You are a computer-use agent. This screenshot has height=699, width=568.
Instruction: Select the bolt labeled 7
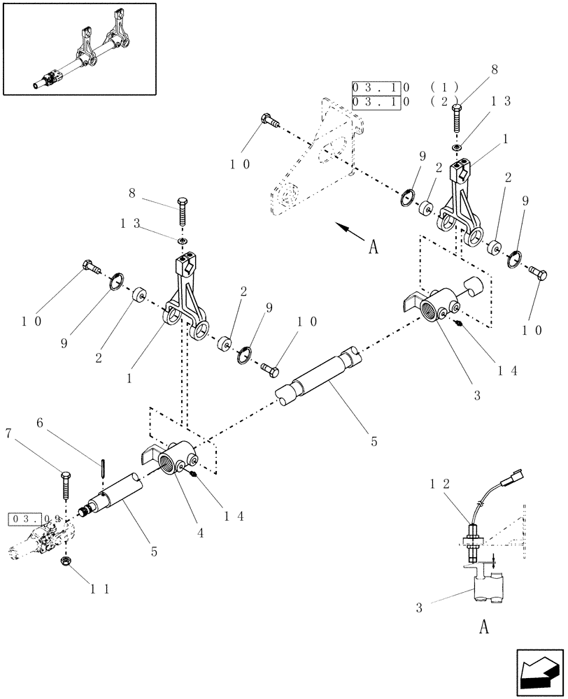pyautogui.click(x=65, y=484)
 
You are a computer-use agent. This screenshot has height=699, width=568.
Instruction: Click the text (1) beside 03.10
pyautogui.click(x=445, y=87)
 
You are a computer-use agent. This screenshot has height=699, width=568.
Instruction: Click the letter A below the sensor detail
pyautogui.click(x=483, y=627)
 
